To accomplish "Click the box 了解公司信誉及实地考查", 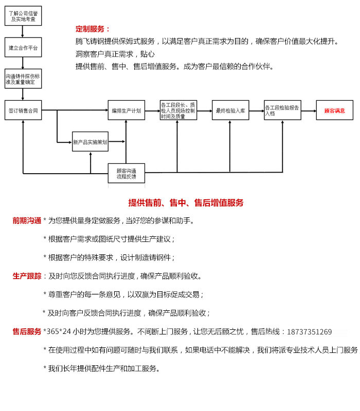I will coord(23,16).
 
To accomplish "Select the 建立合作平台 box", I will coord(23,47).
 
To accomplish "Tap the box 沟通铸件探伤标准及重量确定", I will coord(23,79).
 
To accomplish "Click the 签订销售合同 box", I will coord(23,110).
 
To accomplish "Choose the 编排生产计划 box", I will coord(126,110).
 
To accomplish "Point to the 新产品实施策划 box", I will coord(90,141).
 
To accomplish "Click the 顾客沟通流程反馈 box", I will coord(126,173).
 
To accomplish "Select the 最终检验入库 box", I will coord(230,110).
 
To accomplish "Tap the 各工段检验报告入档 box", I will coord(282,110).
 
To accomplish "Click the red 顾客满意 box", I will coord(334,110).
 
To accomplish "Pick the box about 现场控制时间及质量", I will coord(178,110).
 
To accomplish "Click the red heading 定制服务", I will coord(93,29).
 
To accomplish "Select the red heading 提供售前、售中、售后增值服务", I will coord(186,203).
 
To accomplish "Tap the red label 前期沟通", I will coord(27,221).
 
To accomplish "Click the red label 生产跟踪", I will coord(27,276).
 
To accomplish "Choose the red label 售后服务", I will coord(27,332).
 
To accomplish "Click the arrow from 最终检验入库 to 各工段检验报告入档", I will coord(257,110).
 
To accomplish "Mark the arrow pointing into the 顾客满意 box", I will coord(309,110).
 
